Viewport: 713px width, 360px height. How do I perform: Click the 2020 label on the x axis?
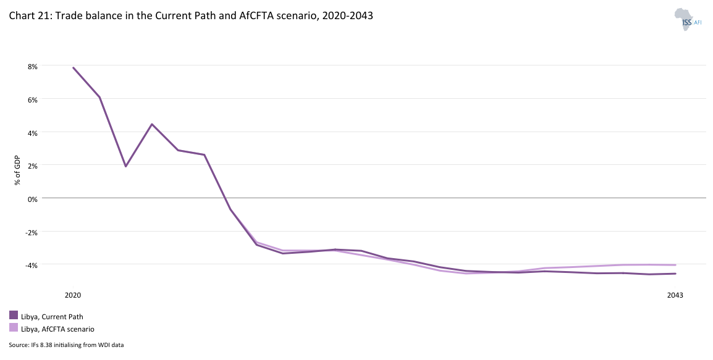pos(73,295)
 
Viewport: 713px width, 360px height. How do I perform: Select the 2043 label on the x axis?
pos(675,295)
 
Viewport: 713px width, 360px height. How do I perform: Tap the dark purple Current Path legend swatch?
pos(14,316)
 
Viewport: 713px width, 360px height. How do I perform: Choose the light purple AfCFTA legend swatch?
pos(14,328)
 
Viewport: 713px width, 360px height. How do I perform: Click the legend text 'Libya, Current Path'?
pos(52,316)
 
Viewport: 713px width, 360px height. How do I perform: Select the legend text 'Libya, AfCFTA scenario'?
pos(57,329)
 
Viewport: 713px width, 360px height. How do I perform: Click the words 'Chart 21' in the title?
pos(30,16)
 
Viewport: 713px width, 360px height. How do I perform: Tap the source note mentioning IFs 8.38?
pos(66,345)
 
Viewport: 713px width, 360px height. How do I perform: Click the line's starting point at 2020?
pos(74,68)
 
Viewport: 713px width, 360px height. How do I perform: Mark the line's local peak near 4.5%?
pos(151,124)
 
